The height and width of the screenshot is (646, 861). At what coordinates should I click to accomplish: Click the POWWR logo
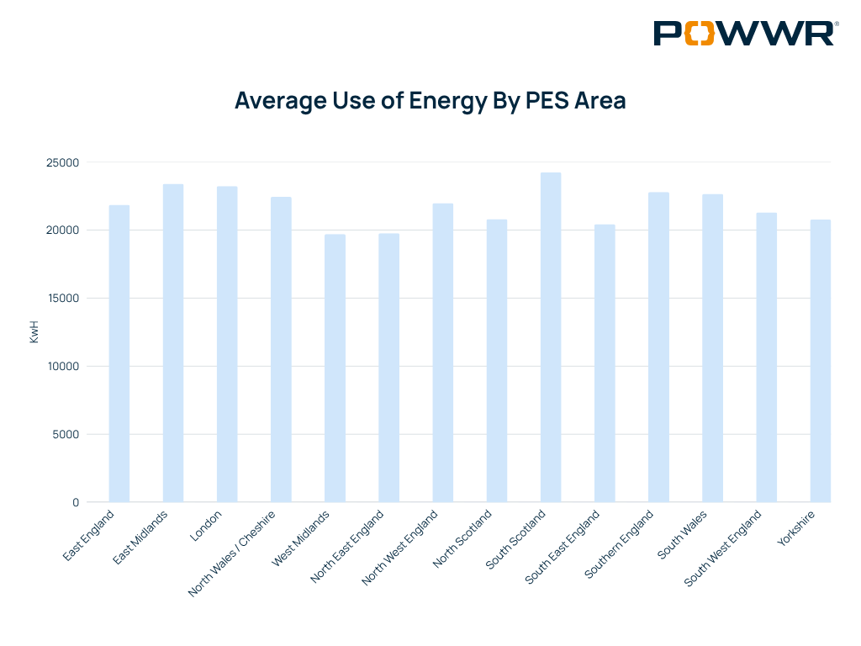click(x=746, y=33)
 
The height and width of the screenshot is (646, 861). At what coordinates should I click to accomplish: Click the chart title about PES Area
click(x=430, y=100)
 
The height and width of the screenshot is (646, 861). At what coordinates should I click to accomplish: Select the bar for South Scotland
click(x=551, y=337)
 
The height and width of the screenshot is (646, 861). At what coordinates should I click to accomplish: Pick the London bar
click(x=227, y=344)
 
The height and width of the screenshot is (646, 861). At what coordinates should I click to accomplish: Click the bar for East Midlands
click(x=173, y=343)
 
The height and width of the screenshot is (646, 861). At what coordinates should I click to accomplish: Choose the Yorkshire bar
click(x=820, y=361)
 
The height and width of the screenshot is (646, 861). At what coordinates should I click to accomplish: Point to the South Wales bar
click(x=712, y=348)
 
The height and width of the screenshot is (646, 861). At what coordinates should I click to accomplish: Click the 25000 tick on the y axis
click(x=63, y=162)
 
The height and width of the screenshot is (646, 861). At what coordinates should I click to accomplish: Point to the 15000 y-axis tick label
click(x=63, y=299)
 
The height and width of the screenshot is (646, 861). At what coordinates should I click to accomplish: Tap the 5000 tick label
click(x=66, y=435)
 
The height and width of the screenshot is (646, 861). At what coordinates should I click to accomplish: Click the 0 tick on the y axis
click(x=76, y=503)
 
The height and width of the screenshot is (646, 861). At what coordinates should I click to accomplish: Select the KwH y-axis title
click(x=34, y=332)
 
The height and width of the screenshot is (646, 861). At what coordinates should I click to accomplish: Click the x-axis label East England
click(x=89, y=535)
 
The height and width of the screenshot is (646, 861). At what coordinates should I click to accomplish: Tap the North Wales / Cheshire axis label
click(x=240, y=552)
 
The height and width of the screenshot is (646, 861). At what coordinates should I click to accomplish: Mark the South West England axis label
click(x=723, y=548)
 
